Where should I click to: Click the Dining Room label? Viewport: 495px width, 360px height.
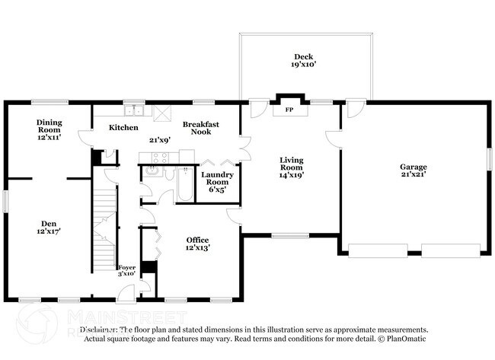[x=49, y=126]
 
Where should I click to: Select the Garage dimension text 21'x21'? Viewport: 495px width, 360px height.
[x=414, y=174]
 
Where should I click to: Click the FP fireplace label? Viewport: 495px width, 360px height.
[x=289, y=110]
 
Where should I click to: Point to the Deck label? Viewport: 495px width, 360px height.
[x=304, y=57]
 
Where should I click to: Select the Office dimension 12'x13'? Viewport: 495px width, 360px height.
[x=198, y=247]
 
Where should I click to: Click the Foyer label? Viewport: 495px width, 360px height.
[x=126, y=267]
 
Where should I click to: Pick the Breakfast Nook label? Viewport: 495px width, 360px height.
[x=201, y=128]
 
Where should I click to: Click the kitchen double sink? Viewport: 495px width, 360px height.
[x=134, y=109]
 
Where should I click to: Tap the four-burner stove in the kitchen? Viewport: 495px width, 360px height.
[x=160, y=158]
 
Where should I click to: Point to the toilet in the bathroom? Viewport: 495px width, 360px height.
[x=186, y=170]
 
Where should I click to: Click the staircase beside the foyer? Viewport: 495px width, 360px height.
[x=105, y=221]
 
